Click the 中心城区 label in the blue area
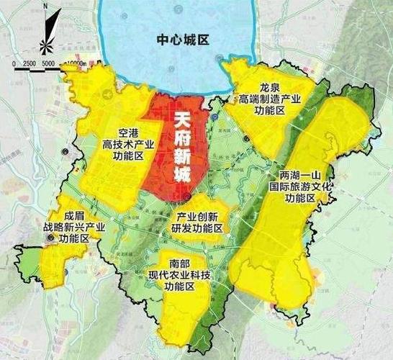coord(182,40)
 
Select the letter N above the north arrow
coord(45,6)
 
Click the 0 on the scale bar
coord(14,63)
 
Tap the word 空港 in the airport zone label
coord(128,133)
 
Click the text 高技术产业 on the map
coord(128,145)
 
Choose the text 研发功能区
coord(196,228)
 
